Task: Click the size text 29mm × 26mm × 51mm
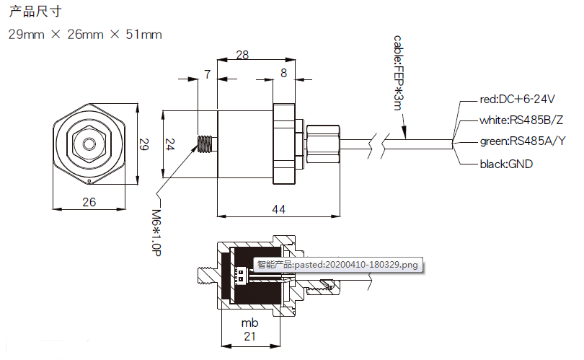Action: (84, 35)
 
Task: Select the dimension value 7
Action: (208, 74)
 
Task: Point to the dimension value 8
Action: (283, 73)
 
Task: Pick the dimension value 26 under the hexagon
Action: (89, 202)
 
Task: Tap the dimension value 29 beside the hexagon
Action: (143, 144)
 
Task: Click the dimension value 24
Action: (169, 144)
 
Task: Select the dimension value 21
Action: (249, 337)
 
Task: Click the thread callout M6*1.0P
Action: (156, 232)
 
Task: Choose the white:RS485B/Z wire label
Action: (521, 120)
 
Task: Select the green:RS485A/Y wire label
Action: (523, 141)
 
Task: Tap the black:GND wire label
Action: (506, 164)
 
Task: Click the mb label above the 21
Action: (249, 322)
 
